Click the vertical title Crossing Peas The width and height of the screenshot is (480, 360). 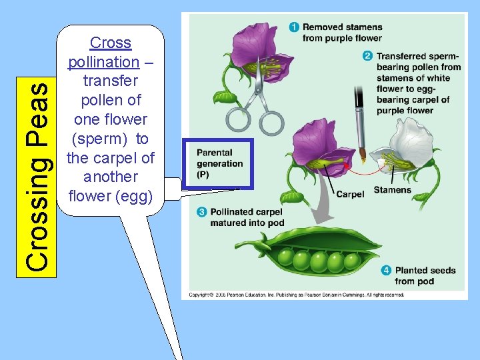pyautogui.click(x=36, y=176)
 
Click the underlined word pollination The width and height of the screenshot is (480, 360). pyautogui.click(x=103, y=62)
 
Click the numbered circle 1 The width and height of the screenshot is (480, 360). pyautogui.click(x=294, y=27)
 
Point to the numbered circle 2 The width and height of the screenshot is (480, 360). pyautogui.click(x=367, y=56)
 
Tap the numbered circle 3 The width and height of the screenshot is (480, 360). pyautogui.click(x=201, y=212)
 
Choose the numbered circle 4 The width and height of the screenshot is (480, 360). pyautogui.click(x=386, y=270)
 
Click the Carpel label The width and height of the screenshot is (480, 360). pyautogui.click(x=350, y=195)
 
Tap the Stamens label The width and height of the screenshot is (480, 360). pyautogui.click(x=392, y=190)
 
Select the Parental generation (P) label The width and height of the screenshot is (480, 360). pyautogui.click(x=219, y=163)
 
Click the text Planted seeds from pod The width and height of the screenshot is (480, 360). pyautogui.click(x=425, y=275)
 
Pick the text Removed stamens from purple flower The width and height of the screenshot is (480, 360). pyautogui.click(x=342, y=33)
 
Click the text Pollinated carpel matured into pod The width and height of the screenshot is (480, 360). pyautogui.click(x=247, y=217)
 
